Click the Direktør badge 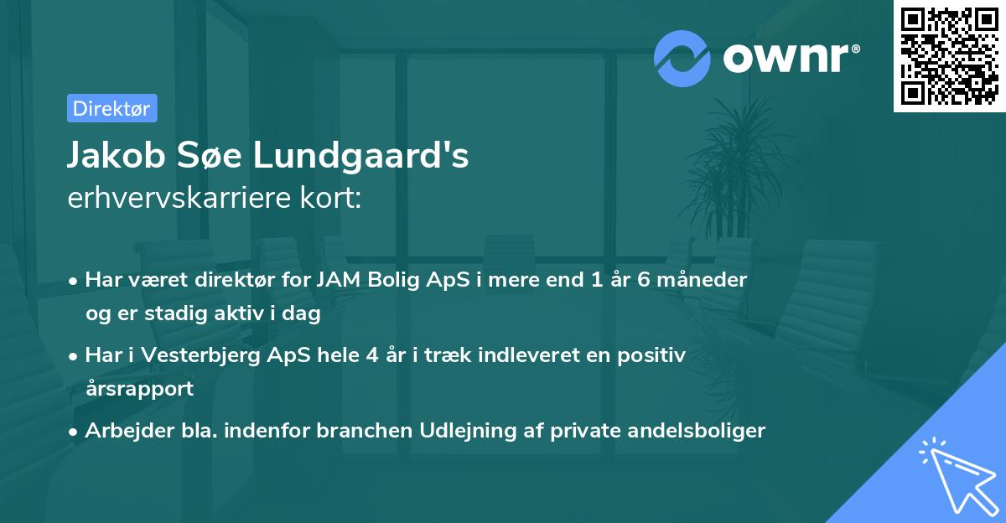pos(111,108)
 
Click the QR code pos(949,55)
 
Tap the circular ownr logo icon pos(682,57)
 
